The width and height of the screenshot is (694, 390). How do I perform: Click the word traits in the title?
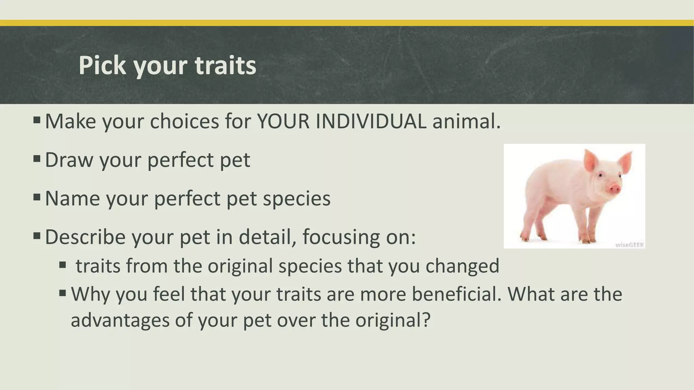225,65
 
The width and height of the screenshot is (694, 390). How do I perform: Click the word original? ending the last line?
393,320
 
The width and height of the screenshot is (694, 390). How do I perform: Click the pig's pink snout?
614,189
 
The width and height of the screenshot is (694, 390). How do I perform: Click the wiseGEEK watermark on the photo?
629,245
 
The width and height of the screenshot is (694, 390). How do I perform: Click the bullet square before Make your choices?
37,120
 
